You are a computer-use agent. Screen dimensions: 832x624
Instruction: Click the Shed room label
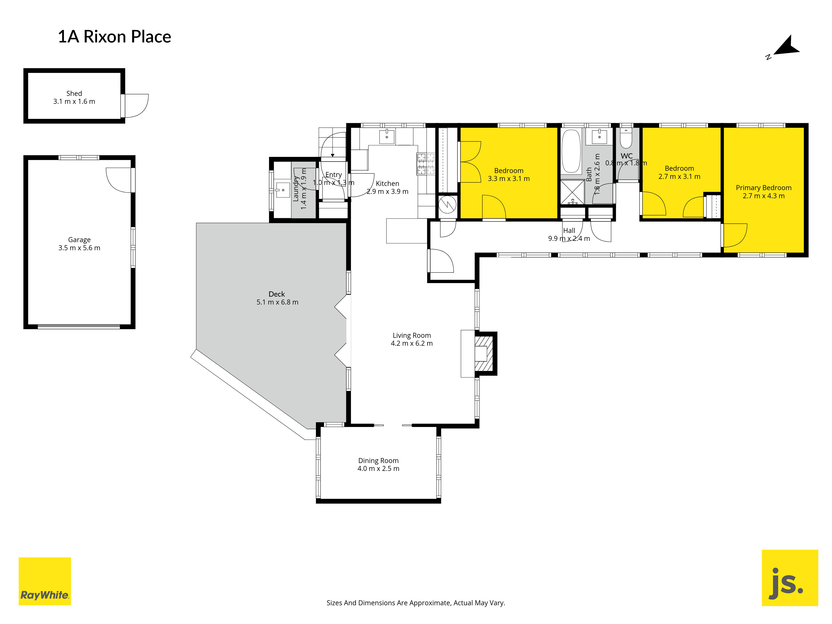tap(74, 93)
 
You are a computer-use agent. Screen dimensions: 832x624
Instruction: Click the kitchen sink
tap(387, 137)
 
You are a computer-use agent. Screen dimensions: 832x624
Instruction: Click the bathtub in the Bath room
tap(571, 151)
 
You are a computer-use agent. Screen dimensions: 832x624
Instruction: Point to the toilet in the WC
tap(626, 138)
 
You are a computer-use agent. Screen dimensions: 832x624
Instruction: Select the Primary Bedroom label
tap(764, 188)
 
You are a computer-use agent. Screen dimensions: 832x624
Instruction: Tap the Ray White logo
tap(45, 581)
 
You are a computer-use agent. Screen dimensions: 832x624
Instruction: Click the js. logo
tap(790, 578)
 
